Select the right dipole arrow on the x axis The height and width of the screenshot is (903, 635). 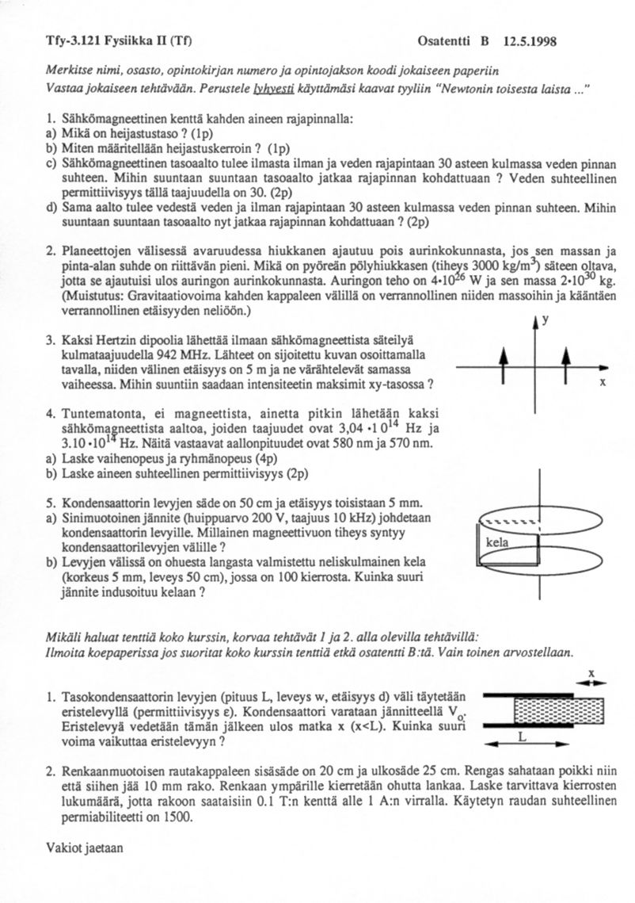(565, 367)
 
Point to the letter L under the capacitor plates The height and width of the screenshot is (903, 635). (521, 736)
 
